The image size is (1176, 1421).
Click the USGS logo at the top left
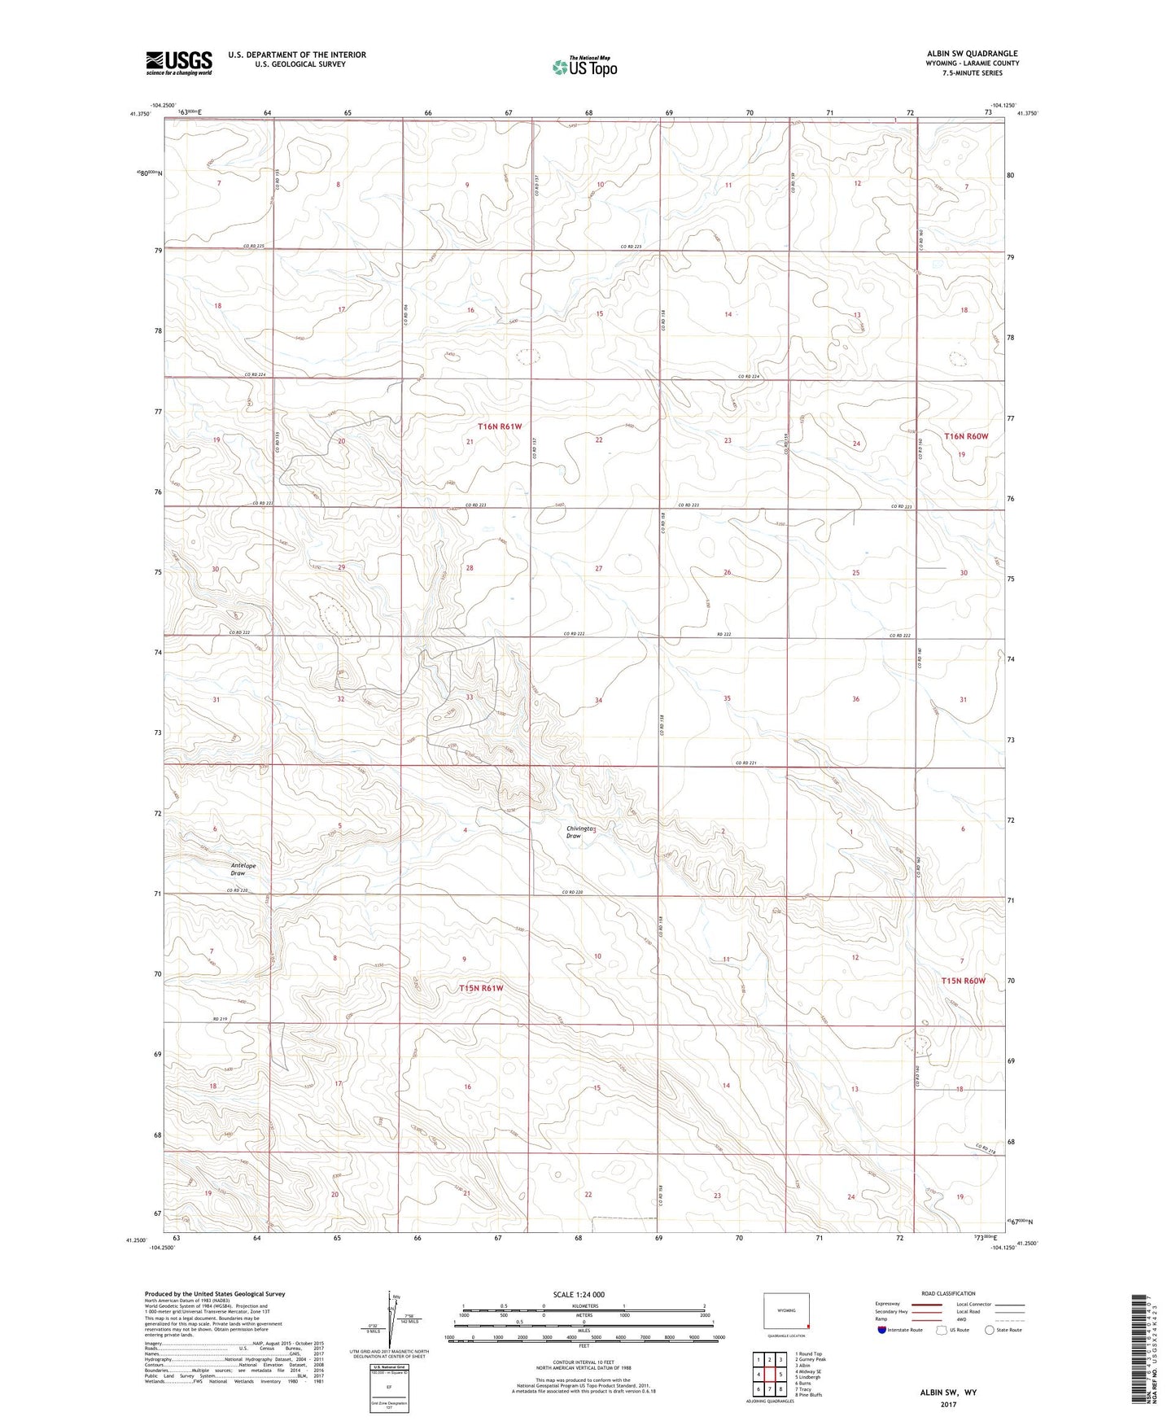pyautogui.click(x=178, y=63)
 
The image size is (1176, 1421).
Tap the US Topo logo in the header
pyautogui.click(x=584, y=67)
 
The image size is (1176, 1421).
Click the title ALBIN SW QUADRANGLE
pyautogui.click(x=966, y=54)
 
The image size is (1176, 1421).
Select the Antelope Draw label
pyautogui.click(x=243, y=869)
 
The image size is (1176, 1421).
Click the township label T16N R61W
pyautogui.click(x=499, y=426)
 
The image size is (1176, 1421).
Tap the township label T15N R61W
pyautogui.click(x=481, y=988)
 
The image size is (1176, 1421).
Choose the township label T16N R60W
pyautogui.click(x=966, y=436)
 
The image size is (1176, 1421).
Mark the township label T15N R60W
pyautogui.click(x=964, y=981)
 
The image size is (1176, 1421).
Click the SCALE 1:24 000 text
pyautogui.click(x=579, y=1294)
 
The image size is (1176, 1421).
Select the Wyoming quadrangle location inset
pyautogui.click(x=785, y=1312)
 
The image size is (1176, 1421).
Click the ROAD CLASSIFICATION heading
pyautogui.click(x=949, y=1293)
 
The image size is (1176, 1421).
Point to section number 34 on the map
pyautogui.click(x=598, y=700)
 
